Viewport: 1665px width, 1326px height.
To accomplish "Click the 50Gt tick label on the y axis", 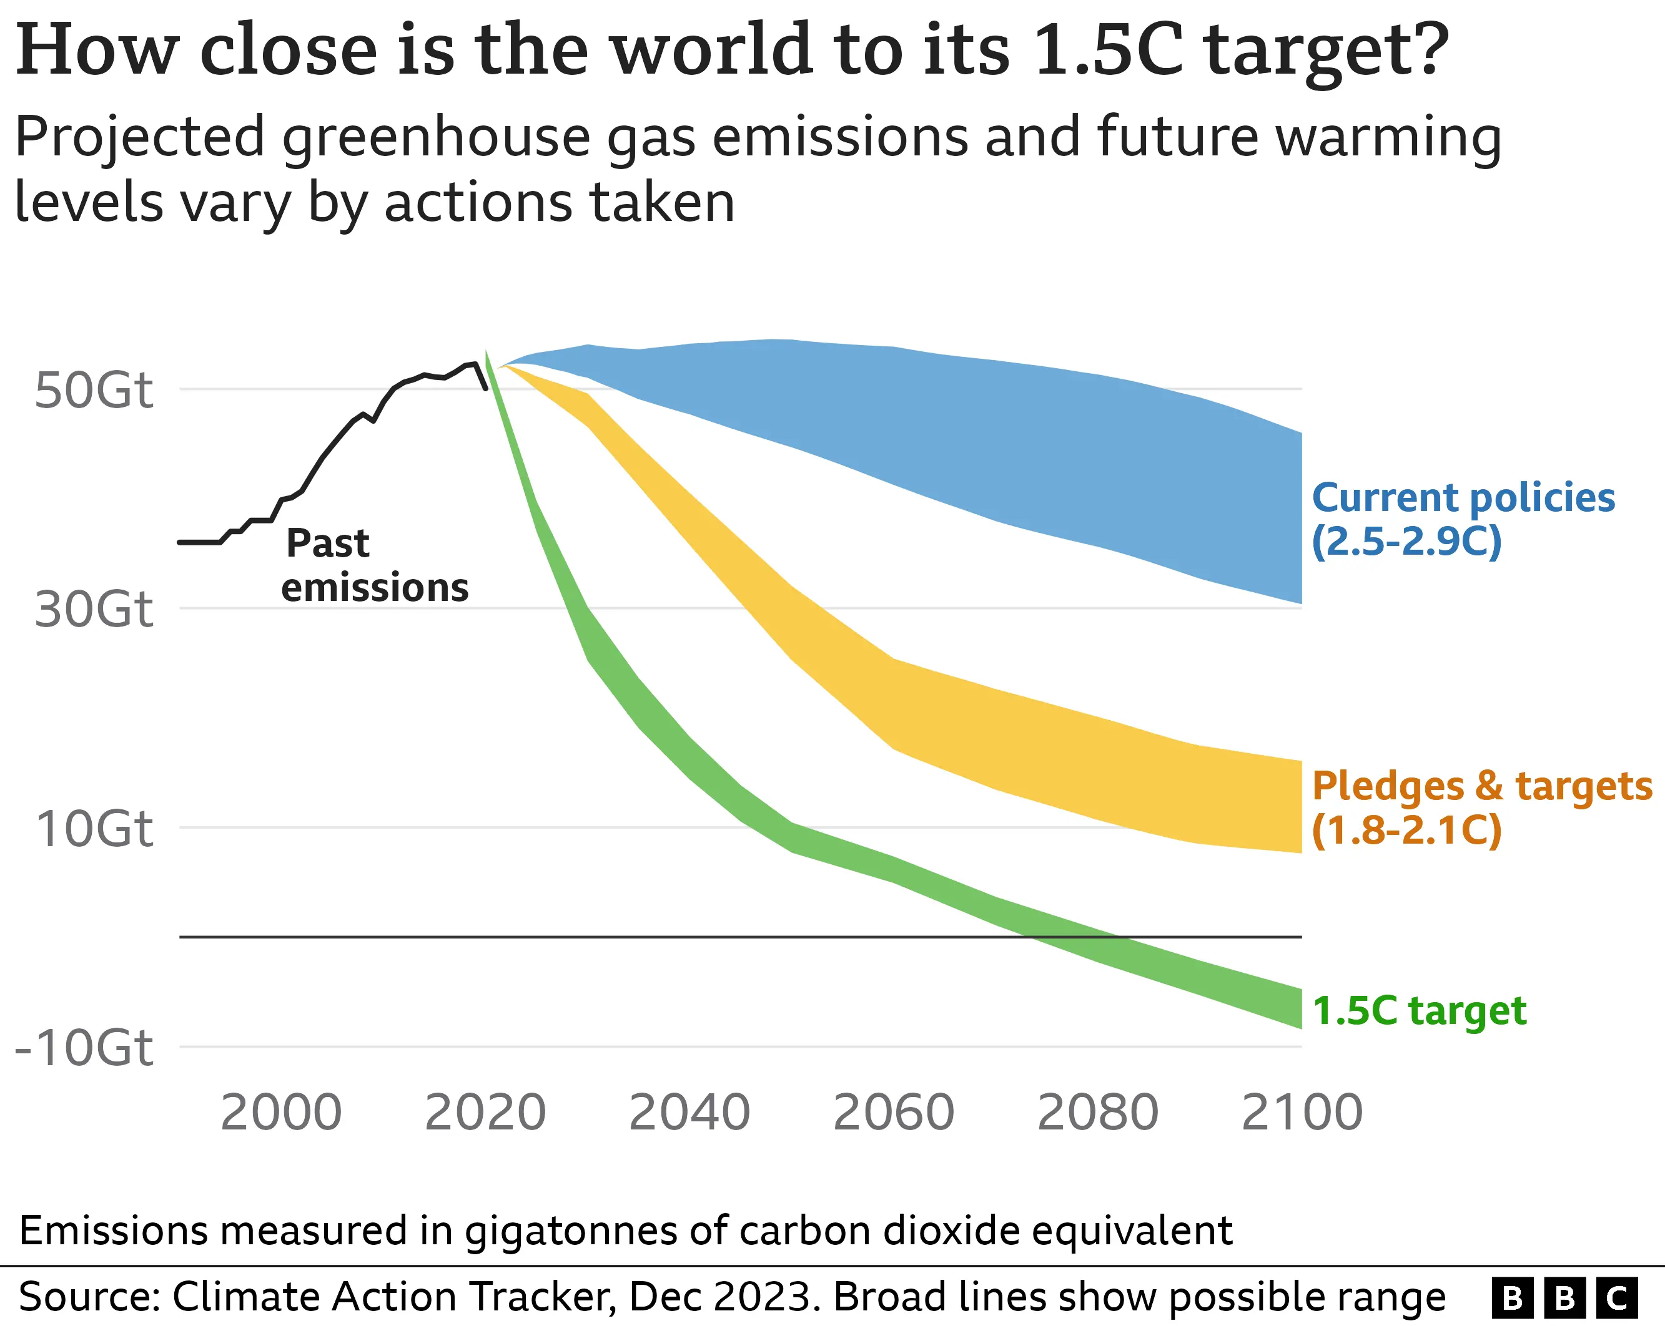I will (x=94, y=390).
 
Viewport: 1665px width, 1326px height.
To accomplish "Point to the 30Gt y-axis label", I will (x=94, y=609).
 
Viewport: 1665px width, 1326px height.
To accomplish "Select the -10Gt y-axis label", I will (x=84, y=1048).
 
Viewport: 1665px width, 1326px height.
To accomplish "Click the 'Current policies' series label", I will (x=1463, y=498).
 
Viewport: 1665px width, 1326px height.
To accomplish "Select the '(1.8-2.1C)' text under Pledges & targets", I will (x=1406, y=831).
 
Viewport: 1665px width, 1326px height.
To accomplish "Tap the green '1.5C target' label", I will (x=1420, y=1010).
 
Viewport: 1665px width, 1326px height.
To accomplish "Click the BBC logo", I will (x=1564, y=1297).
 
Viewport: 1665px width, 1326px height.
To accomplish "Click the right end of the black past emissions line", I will (x=486, y=388).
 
